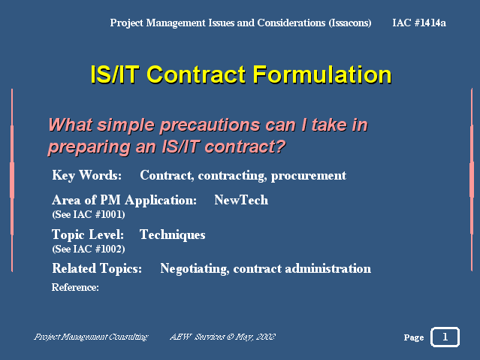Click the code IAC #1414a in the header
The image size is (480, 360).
pyautogui.click(x=419, y=23)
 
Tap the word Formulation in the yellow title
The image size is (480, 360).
pyautogui.click(x=322, y=74)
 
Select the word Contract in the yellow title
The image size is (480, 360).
pyautogui.click(x=196, y=74)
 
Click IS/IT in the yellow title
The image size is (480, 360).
pyautogui.click(x=115, y=74)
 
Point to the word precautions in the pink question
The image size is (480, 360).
pyautogui.click(x=210, y=126)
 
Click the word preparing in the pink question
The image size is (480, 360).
pyautogui.click(x=89, y=147)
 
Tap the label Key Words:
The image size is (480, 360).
pyautogui.click(x=86, y=176)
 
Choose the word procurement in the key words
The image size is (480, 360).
pyautogui.click(x=309, y=176)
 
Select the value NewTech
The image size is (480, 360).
pyautogui.click(x=241, y=200)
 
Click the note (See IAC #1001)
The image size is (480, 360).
pyautogui.click(x=89, y=214)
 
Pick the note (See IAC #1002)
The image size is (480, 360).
pyautogui.click(x=89, y=249)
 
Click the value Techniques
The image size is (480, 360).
pyautogui.click(x=172, y=235)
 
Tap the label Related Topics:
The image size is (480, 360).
pyautogui.click(x=97, y=268)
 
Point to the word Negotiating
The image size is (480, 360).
pyautogui.click(x=195, y=269)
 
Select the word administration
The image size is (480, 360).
pyautogui.click(x=328, y=269)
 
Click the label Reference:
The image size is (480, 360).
pyautogui.click(x=75, y=287)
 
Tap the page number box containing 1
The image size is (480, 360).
pyautogui.click(x=445, y=337)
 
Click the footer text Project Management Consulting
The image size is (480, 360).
pyautogui.click(x=91, y=337)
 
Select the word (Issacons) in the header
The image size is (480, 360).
pyautogui.click(x=350, y=23)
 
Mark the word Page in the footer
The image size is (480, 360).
pyautogui.click(x=414, y=337)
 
